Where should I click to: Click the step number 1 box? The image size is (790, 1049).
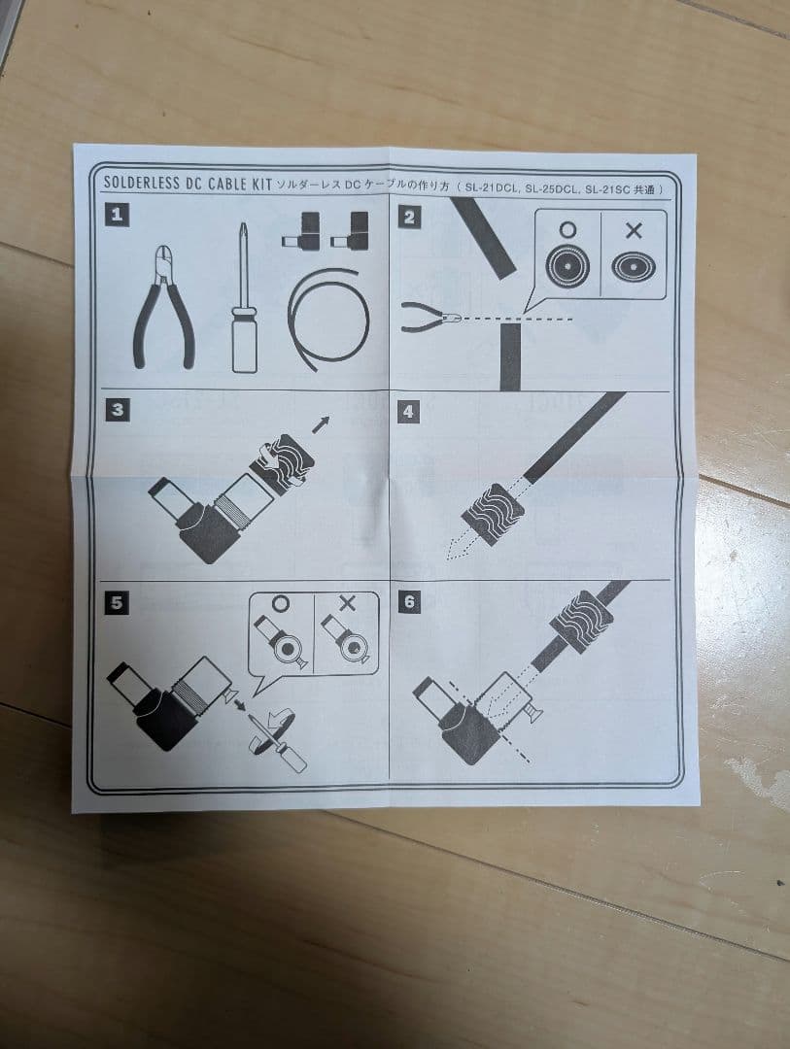pos(118,215)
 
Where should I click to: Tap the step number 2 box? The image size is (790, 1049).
pos(409,217)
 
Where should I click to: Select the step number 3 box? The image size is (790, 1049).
pos(118,410)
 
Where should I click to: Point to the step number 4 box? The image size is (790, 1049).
pos(408,412)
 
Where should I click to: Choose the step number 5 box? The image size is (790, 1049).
pos(117,603)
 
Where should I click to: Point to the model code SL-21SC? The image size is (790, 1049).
pos(608,189)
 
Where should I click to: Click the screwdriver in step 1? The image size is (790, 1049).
pos(244,298)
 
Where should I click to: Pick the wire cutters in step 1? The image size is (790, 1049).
pos(164,307)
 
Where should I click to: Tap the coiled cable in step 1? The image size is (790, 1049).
pos(328,318)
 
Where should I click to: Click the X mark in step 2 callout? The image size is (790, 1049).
pos(634,231)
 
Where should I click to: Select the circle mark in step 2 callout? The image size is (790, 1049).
pos(567,230)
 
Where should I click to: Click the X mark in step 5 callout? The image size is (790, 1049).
pos(347,603)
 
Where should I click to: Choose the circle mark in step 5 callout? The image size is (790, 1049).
pos(281,603)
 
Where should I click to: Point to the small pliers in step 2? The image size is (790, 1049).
pos(429,317)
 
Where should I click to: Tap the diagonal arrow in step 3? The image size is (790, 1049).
pos(322,424)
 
